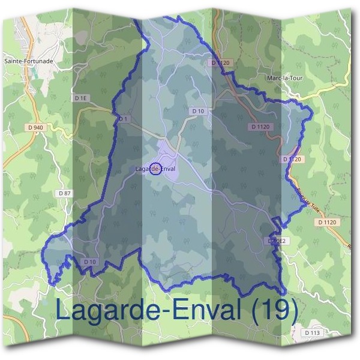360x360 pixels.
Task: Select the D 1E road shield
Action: coord(81,97)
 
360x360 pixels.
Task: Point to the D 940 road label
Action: coord(35,127)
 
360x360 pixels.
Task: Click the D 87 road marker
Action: coord(65,193)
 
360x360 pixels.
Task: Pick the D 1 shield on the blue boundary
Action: coord(124,119)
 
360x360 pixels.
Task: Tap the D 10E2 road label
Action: coord(278,241)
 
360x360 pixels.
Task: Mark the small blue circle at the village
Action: coord(155,169)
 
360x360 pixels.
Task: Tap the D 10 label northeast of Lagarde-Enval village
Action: coord(198,111)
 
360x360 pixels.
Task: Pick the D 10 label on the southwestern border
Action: coord(90,262)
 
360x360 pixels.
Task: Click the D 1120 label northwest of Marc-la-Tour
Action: coord(221,62)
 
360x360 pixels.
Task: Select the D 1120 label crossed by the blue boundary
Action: coord(292,159)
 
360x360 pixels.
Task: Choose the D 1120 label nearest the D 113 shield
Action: coord(328,222)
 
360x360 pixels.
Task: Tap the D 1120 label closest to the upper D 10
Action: coord(261,127)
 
